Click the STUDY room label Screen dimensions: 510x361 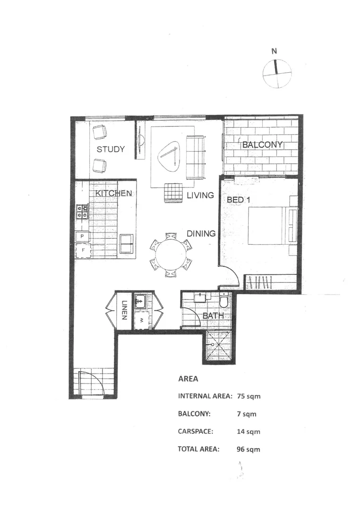click(111, 149)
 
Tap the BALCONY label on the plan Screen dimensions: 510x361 click(262, 144)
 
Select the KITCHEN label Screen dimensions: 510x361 click(113, 194)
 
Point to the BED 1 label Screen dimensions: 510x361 click(239, 200)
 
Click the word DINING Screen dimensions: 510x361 click(201, 233)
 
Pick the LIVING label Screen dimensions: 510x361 click(200, 195)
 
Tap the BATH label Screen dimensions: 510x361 click(213, 315)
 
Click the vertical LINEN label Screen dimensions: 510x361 click(125, 311)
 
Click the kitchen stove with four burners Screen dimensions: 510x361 click(82, 211)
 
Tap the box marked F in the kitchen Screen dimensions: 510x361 click(83, 250)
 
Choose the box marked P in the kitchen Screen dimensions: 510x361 click(82, 236)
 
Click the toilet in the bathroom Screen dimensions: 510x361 click(224, 300)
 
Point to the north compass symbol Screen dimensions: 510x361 click(277, 73)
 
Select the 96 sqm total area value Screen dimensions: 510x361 click(249, 449)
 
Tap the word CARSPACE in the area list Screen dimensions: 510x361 click(195, 432)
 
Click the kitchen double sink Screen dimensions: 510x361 click(127, 244)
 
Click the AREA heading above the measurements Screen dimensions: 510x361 click(188, 379)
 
